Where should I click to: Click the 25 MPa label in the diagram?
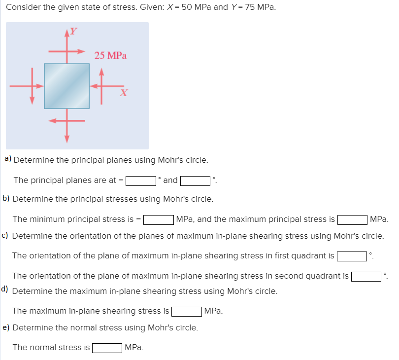coord(110,55)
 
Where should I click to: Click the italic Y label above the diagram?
coord(73,31)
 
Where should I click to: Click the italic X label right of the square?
coord(124,92)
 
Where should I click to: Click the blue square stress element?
coord(66,86)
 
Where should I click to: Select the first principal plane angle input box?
coord(141,180)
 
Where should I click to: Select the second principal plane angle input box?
coord(196,180)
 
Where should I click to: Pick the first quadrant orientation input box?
coord(352,256)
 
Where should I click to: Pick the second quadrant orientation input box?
coord(366,276)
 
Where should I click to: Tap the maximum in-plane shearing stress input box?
coord(186,311)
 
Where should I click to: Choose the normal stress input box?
coord(107,348)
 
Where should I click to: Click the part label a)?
coord(8,159)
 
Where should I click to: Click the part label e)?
coord(6,327)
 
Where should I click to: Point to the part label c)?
coord(6,235)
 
